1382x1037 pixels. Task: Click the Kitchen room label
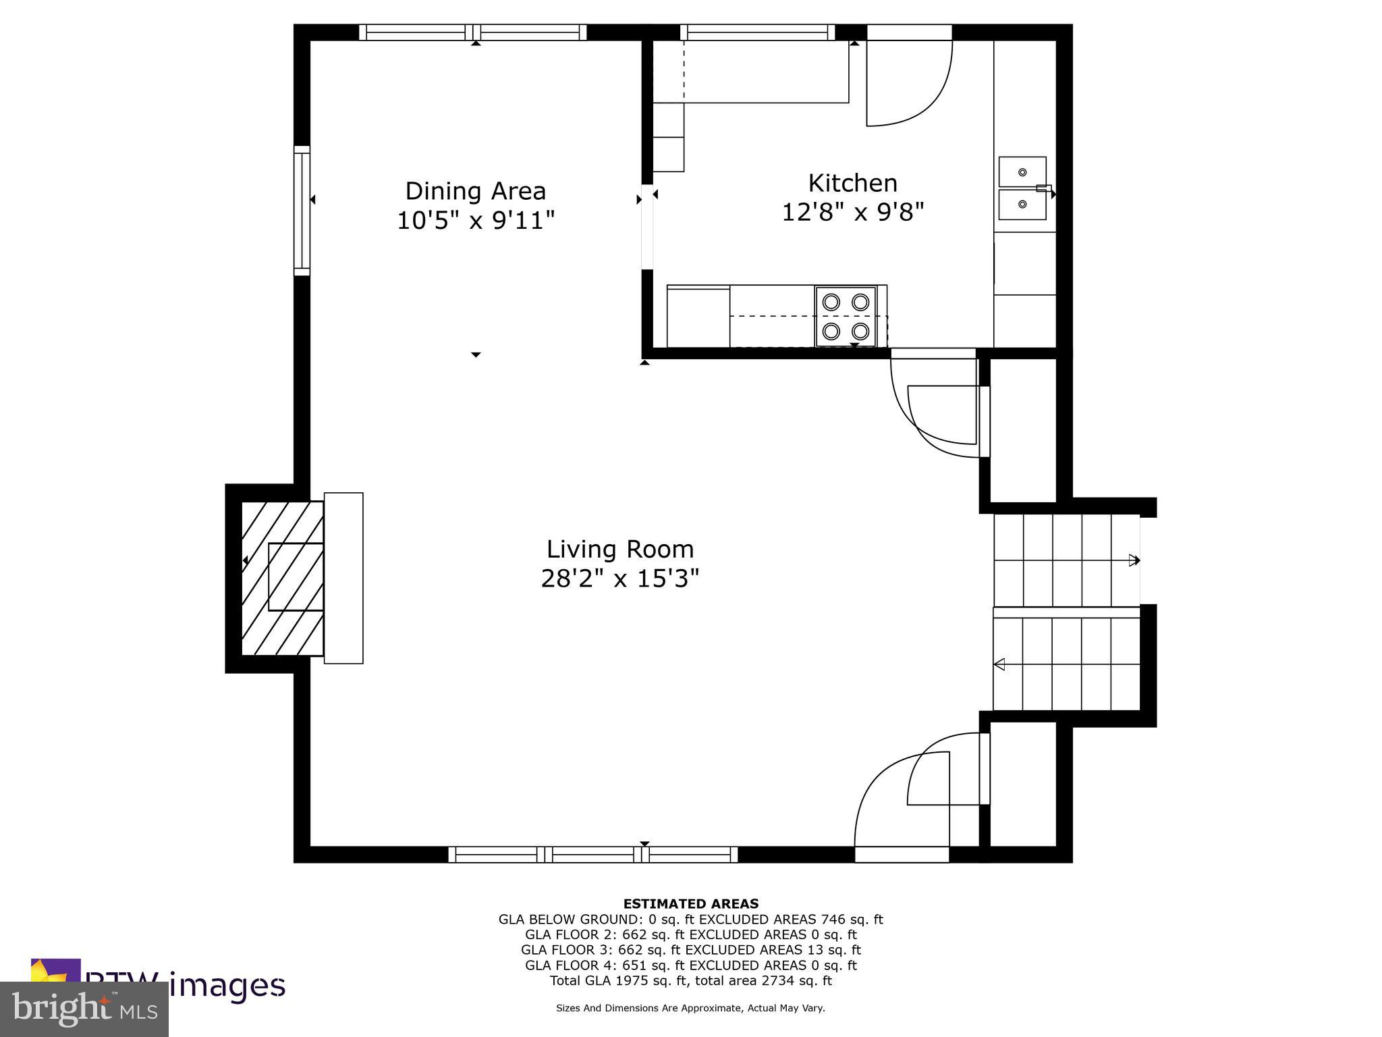tap(852, 183)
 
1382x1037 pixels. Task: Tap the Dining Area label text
tap(475, 191)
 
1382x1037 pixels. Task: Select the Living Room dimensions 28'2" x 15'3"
tap(619, 579)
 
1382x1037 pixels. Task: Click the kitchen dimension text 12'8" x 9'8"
tap(852, 213)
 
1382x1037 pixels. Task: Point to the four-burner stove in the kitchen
tap(846, 316)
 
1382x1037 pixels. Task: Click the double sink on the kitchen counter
tap(1022, 188)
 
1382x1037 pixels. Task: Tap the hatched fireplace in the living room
tap(282, 578)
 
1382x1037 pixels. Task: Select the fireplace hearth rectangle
tap(343, 578)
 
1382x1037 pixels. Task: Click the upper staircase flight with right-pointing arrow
tap(1066, 560)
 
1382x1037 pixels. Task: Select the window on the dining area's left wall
tap(302, 211)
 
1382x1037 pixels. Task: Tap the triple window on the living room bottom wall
tap(593, 855)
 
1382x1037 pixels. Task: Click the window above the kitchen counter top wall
tap(757, 32)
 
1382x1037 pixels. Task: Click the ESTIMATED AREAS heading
tap(690, 903)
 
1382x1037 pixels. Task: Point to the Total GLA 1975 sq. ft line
tap(690, 981)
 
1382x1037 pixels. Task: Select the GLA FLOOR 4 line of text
tap(690, 965)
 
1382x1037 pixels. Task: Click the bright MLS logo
tap(84, 1009)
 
